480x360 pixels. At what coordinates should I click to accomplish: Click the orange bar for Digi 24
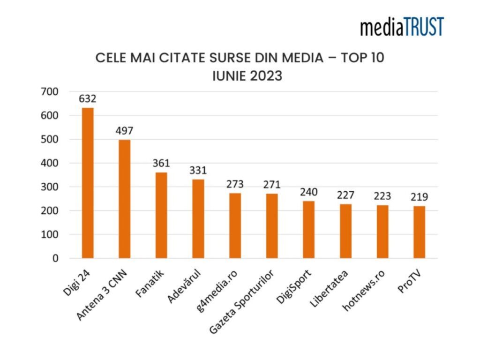click(88, 183)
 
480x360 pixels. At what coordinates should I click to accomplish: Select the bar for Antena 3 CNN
click(125, 199)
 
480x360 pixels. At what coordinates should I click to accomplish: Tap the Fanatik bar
click(161, 215)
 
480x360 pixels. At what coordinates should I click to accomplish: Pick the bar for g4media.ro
click(235, 225)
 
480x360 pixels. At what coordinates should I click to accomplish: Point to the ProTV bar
click(419, 232)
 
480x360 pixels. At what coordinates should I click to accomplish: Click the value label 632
click(88, 99)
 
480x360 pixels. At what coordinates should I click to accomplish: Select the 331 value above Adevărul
click(198, 170)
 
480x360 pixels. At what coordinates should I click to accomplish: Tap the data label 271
click(272, 184)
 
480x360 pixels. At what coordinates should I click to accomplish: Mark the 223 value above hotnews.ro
click(382, 196)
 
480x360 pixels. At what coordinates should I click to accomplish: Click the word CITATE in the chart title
click(195, 59)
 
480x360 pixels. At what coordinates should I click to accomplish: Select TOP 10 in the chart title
click(361, 59)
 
